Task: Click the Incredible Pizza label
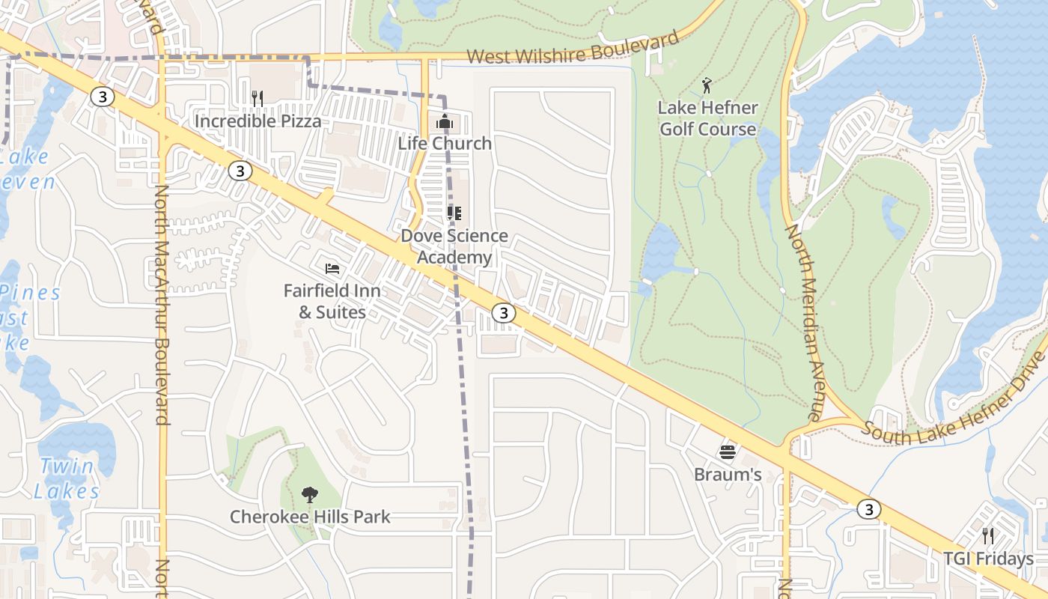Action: click(x=258, y=121)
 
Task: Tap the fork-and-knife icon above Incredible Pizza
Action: click(x=257, y=98)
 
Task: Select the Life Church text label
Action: click(x=445, y=143)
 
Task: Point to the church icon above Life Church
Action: click(x=445, y=120)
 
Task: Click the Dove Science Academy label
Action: click(x=454, y=246)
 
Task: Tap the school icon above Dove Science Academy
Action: click(x=454, y=213)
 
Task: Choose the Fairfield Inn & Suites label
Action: click(x=332, y=301)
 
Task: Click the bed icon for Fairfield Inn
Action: click(x=332, y=268)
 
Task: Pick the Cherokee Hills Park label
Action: click(x=310, y=517)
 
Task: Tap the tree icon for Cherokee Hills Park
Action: click(x=309, y=494)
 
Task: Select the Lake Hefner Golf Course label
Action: click(x=707, y=118)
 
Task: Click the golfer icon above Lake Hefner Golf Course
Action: click(x=707, y=85)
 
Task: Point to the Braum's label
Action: click(x=728, y=475)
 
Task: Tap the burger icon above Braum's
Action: click(x=728, y=451)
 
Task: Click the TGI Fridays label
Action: click(x=988, y=559)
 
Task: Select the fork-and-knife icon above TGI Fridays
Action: click(x=988, y=535)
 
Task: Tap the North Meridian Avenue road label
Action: click(x=804, y=322)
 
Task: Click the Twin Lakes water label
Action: click(x=66, y=478)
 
